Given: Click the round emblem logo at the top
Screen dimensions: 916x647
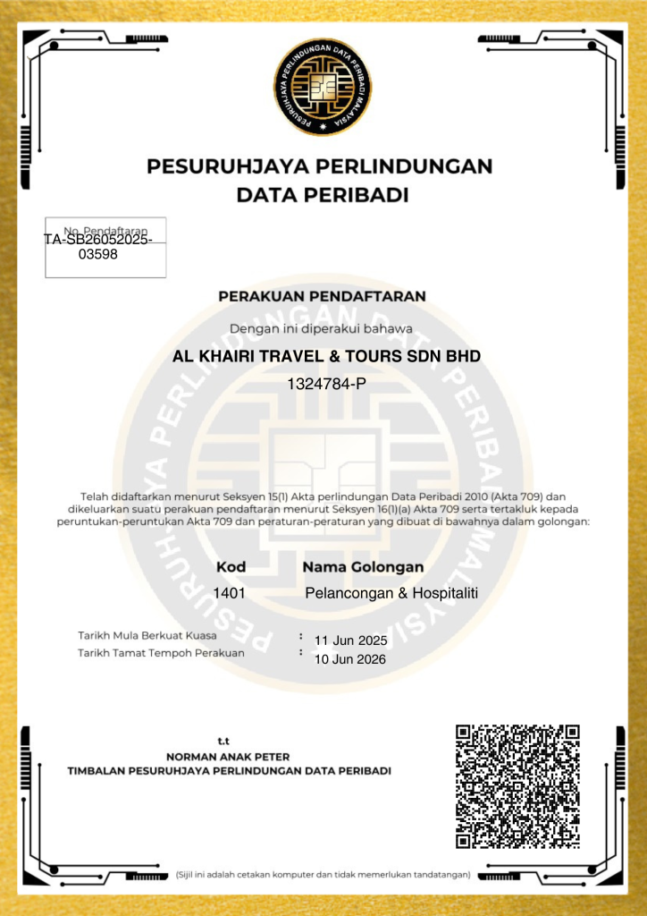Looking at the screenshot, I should [x=323, y=88].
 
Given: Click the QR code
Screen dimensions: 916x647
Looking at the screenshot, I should [x=518, y=786].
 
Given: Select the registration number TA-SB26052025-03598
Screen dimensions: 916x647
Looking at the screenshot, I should [x=97, y=247].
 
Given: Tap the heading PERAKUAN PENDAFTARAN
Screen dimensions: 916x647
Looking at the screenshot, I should [x=323, y=295].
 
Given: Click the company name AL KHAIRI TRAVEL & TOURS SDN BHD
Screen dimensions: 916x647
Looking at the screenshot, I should [x=326, y=356].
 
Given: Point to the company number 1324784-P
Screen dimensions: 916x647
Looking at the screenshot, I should [x=327, y=385].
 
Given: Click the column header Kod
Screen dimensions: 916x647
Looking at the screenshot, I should [x=231, y=567].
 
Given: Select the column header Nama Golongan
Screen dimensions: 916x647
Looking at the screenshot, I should [x=363, y=567].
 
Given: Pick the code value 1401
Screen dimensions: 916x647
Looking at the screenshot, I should [x=229, y=593].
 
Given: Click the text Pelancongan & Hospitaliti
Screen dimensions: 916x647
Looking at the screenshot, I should [x=391, y=593].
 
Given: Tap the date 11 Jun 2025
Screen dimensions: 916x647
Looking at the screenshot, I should [x=350, y=640].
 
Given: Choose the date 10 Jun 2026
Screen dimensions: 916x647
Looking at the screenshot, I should [x=350, y=660].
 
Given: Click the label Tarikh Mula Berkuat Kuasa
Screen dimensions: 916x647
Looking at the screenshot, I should [x=147, y=636].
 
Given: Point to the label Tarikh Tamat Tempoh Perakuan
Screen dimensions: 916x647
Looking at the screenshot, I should [x=161, y=653].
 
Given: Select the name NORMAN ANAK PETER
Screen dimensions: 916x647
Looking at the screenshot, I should [x=229, y=756].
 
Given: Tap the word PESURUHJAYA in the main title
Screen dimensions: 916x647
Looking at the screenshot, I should [x=223, y=166].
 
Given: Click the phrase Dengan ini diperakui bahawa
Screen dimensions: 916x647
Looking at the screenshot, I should [x=322, y=328].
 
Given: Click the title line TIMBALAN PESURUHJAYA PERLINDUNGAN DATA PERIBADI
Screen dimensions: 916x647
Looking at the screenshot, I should [x=229, y=770].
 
